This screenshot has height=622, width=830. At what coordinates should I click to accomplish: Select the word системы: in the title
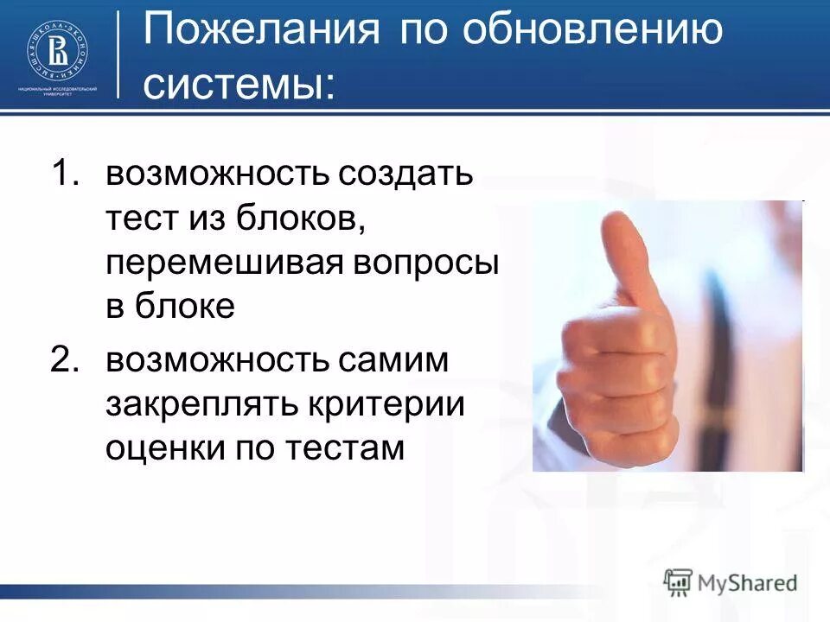239,83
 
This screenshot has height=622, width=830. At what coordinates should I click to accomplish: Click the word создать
406,175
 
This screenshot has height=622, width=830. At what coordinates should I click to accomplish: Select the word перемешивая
222,263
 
